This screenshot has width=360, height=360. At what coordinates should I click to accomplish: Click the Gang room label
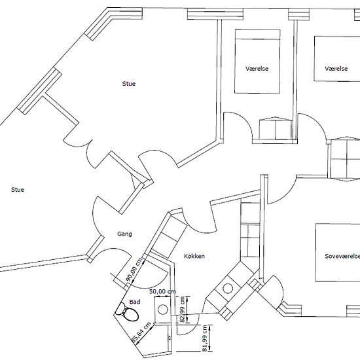(x=124, y=234)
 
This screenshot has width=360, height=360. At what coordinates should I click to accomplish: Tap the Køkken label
(x=194, y=256)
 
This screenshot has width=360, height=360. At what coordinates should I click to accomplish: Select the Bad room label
(x=135, y=302)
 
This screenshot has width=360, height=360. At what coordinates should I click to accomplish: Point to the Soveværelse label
(x=342, y=256)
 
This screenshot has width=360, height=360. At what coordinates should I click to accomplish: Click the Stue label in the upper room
(x=129, y=84)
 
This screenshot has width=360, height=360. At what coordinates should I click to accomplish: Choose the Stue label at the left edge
(x=18, y=190)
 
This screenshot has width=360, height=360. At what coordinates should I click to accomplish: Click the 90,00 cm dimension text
(x=134, y=270)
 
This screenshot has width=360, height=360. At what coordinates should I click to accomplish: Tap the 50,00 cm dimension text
(x=162, y=291)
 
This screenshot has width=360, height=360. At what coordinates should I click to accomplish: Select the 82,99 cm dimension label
(x=183, y=309)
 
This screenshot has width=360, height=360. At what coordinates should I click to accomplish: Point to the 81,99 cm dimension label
(x=204, y=338)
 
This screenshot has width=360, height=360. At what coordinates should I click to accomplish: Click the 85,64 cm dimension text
(x=141, y=333)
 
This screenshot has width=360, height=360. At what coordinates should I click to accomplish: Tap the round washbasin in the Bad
(x=163, y=310)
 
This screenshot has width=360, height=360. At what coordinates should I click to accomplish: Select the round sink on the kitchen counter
(x=228, y=289)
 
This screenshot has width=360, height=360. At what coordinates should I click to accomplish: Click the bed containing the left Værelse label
(x=257, y=62)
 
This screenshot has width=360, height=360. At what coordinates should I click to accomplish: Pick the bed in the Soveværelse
(x=338, y=252)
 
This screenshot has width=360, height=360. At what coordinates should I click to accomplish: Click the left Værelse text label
(x=257, y=69)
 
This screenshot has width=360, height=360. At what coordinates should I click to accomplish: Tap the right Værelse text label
(x=336, y=69)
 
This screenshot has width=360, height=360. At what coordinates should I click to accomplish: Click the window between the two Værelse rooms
(x=299, y=14)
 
